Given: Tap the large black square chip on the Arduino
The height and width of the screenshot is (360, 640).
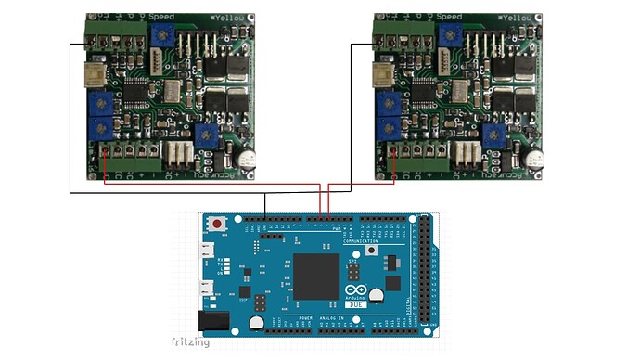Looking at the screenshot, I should pyautogui.click(x=317, y=275).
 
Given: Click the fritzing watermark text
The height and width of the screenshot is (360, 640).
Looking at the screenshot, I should pyautogui.click(x=191, y=342).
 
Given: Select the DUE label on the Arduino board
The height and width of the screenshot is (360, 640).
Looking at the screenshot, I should pyautogui.click(x=355, y=304).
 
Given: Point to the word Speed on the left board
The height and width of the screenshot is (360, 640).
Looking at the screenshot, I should pyautogui.click(x=163, y=17).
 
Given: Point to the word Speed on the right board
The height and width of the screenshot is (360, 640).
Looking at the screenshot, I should pyautogui.click(x=449, y=17).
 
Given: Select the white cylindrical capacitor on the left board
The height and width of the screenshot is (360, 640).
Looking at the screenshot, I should pyautogui.click(x=246, y=159).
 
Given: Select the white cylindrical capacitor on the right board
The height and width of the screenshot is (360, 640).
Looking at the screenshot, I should pyautogui.click(x=531, y=159).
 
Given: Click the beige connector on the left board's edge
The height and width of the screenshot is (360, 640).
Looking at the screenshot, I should pyautogui.click(x=93, y=74).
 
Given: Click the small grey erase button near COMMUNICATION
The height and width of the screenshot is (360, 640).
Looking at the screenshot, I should pyautogui.click(x=371, y=250).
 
